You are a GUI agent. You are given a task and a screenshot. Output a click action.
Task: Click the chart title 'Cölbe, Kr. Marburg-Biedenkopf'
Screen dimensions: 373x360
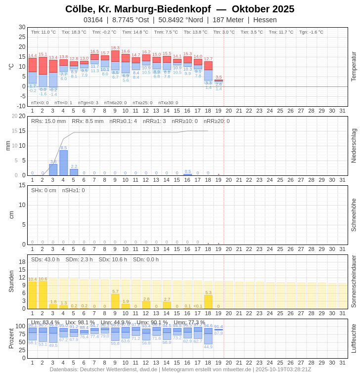[x=138, y=9]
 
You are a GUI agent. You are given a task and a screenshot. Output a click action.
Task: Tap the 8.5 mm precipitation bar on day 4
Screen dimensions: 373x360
[x=63, y=163]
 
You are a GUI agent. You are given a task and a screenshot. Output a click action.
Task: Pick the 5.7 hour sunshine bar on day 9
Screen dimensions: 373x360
[x=115, y=301]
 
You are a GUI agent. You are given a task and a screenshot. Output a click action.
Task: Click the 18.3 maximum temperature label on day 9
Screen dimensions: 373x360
[x=115, y=48]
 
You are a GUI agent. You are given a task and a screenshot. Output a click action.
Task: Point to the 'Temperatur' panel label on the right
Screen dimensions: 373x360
[x=354, y=66]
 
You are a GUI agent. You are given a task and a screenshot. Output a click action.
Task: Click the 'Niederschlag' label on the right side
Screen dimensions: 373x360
[x=354, y=146]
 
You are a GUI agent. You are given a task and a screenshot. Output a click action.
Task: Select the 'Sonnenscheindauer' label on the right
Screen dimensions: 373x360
[x=354, y=282]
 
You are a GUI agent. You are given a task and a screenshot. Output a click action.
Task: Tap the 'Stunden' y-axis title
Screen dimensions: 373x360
[x=11, y=281]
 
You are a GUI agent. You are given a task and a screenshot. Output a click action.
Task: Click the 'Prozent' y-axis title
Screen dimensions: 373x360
[x=11, y=338]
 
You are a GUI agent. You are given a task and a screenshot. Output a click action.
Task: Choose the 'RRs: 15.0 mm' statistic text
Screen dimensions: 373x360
[x=48, y=121]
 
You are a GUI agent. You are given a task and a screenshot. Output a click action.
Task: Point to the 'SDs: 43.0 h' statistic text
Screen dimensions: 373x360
[x=45, y=259]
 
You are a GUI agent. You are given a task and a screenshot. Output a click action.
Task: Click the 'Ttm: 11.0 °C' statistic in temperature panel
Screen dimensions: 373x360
[x=44, y=32]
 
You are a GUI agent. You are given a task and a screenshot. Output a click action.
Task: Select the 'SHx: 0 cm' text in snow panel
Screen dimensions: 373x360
[x=44, y=190]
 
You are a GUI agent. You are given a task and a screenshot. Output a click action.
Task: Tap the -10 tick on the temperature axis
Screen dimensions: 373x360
[x=21, y=106]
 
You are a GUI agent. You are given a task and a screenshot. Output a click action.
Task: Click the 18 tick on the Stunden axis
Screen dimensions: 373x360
[x=22, y=262]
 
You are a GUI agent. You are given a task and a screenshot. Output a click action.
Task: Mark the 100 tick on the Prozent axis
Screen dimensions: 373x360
[x=20, y=326]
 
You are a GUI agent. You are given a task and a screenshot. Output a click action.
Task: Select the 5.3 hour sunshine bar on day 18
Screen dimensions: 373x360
[x=208, y=302]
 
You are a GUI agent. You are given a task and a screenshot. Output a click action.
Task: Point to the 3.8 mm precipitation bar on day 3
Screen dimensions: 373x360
[x=53, y=170]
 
